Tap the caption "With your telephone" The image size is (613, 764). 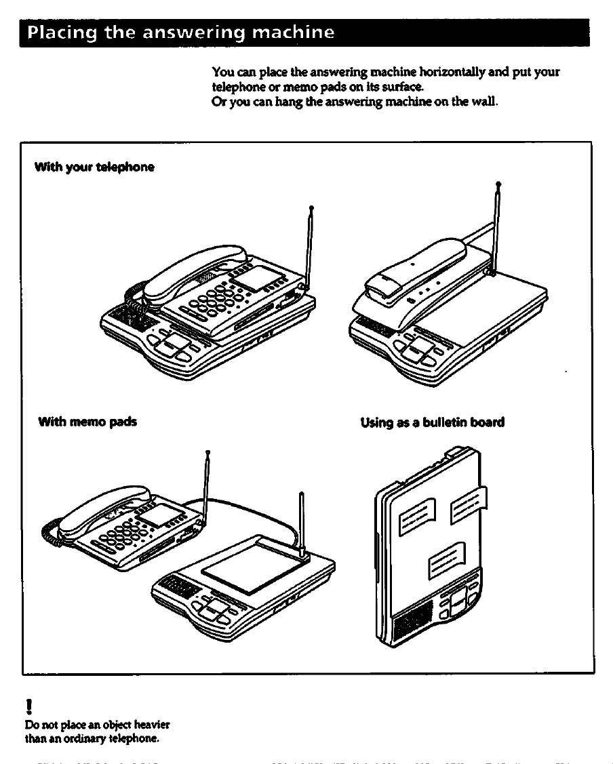pos(95,167)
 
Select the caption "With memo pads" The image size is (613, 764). pos(88,422)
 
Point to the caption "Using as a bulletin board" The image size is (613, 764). pos(433,422)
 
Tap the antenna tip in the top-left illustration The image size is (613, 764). pos(311,207)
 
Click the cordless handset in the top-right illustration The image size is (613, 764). pos(414,271)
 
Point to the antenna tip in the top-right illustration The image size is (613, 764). pos(498,184)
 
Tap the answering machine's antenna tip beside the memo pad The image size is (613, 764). pos(301,494)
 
